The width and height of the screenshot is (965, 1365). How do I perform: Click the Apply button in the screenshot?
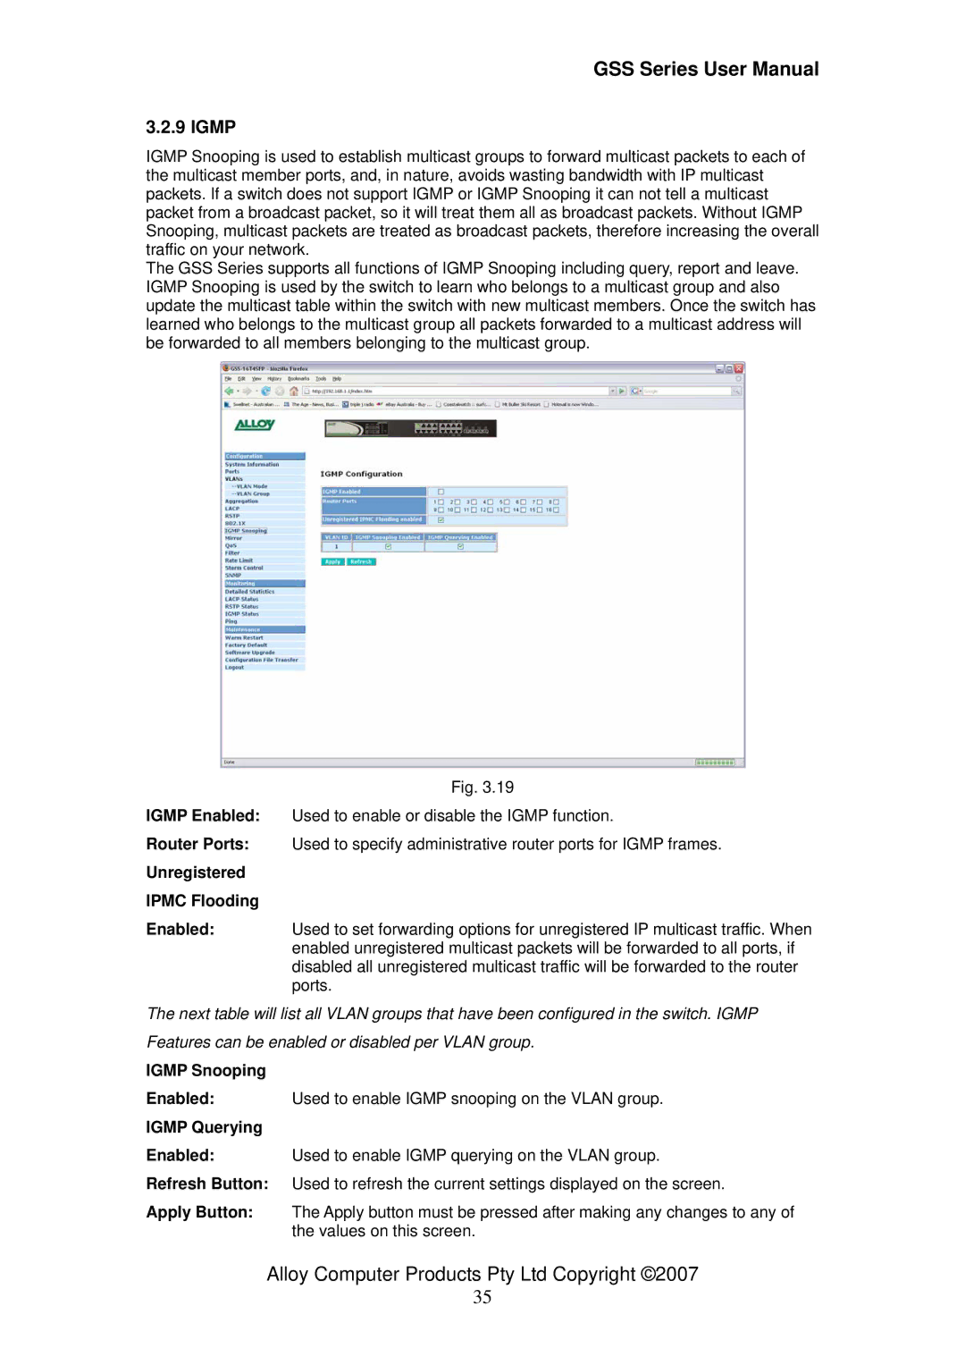pos(332,561)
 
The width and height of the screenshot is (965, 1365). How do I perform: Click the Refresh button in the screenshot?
pos(361,561)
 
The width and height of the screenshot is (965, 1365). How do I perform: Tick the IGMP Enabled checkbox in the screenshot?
pos(441,492)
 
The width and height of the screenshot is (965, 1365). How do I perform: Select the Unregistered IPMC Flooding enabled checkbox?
pos(441,519)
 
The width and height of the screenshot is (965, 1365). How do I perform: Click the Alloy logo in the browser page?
pos(255,425)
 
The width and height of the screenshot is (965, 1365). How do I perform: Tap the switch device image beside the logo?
pos(410,429)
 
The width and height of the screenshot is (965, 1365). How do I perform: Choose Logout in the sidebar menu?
pos(234,668)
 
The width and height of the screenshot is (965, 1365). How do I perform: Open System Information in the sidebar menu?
pos(252,464)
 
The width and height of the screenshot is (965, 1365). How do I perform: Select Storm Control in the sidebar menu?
pos(244,568)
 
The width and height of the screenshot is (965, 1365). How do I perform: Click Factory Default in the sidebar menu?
pos(246,645)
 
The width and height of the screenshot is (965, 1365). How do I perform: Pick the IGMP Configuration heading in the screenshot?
pos(361,474)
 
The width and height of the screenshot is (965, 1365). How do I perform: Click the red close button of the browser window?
pos(739,368)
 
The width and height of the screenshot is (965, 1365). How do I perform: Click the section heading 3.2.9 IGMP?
pos(191,127)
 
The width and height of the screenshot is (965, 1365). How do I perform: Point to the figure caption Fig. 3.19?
pos(482,788)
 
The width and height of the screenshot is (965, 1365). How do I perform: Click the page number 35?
pos(482,1297)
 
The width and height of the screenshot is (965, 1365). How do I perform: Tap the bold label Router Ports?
pos(197,844)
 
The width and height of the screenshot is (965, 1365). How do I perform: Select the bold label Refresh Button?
pos(207,1184)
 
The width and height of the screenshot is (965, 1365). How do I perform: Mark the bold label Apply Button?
pos(199,1212)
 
